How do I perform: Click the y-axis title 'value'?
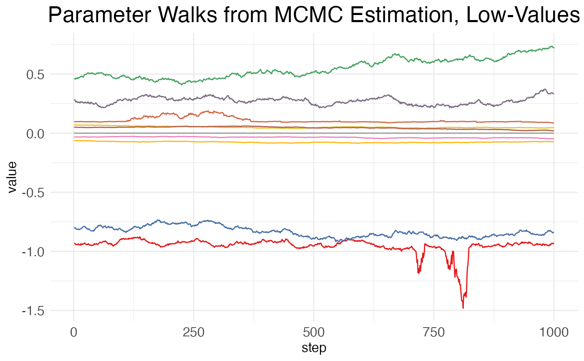tap(13, 177)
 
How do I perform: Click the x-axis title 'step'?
tap(314, 348)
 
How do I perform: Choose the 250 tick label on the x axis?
tap(194, 333)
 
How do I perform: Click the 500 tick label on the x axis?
tap(314, 333)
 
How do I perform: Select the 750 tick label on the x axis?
tap(434, 333)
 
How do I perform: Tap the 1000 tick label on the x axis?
tap(554, 333)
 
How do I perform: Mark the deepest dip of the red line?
tap(463, 308)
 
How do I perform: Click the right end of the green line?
tap(554, 48)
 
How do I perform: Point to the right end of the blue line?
tap(554, 232)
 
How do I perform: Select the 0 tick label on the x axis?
tap(74, 333)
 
